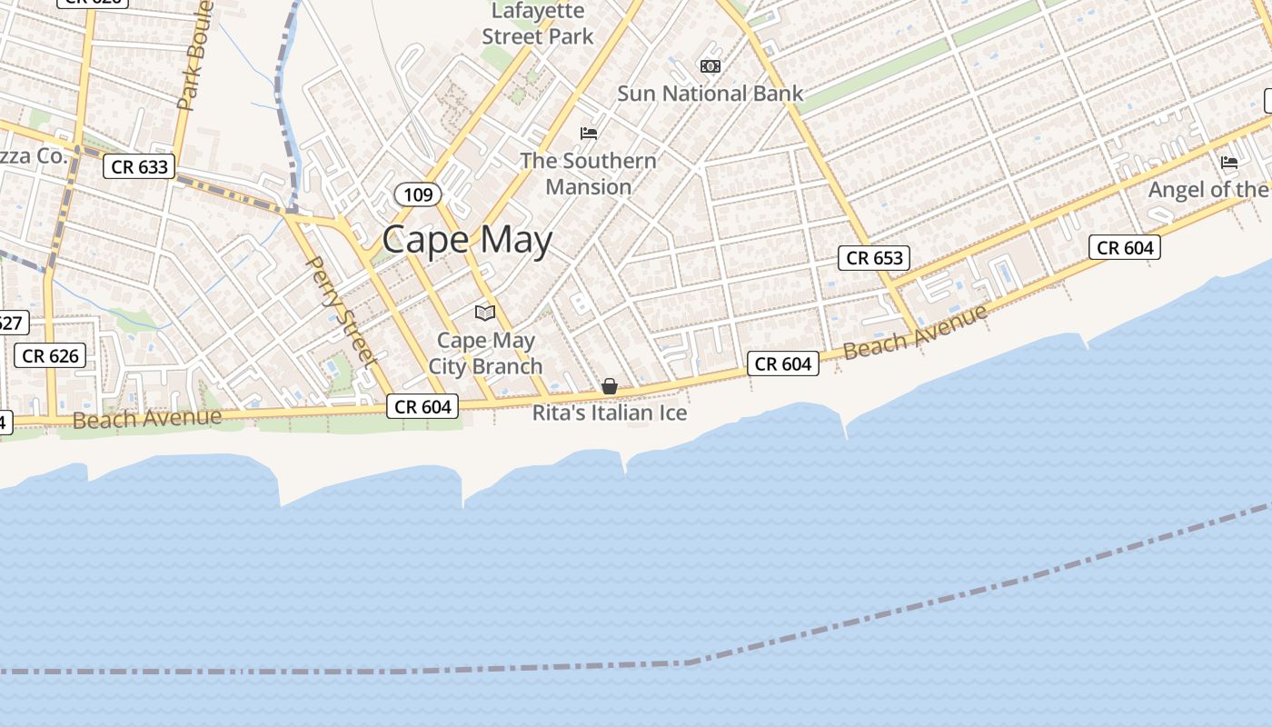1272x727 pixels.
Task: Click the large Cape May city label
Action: [467, 240]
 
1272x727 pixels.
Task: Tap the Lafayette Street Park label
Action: [538, 25]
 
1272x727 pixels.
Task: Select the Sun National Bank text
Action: [711, 93]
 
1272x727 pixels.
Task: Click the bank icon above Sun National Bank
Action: [711, 66]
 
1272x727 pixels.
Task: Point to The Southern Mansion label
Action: [588, 174]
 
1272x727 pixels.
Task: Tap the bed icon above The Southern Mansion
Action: [589, 134]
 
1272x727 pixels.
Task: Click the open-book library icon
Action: [485, 314]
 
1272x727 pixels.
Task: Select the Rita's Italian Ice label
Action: [609, 413]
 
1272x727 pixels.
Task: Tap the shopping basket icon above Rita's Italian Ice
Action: [610, 387]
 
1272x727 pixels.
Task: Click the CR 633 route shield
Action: [138, 166]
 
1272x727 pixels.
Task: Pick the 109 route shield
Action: [418, 194]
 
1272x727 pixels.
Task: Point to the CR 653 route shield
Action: [874, 258]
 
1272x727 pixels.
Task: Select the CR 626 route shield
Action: [50, 355]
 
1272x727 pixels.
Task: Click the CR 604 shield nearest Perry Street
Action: [422, 406]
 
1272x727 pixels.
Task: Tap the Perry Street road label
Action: [341, 309]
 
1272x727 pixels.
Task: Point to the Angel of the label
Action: [1208, 189]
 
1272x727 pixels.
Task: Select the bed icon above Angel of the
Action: [1229, 163]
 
